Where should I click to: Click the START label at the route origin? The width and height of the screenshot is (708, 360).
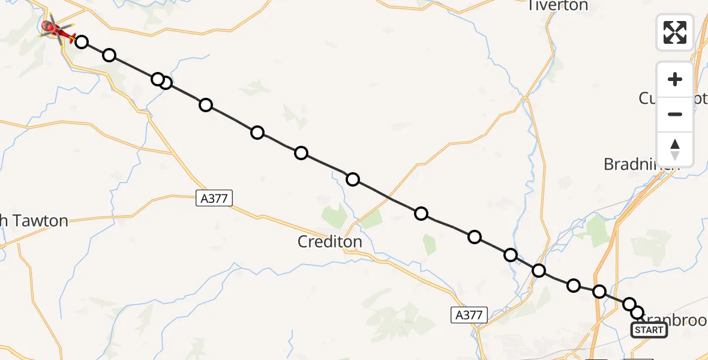pos(649,330)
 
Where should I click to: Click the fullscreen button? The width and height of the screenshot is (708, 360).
pos(675,32)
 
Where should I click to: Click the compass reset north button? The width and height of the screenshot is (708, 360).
pos(675,149)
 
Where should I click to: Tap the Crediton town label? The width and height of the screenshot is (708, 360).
pos(330,242)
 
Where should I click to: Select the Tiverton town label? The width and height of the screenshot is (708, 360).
pos(557,6)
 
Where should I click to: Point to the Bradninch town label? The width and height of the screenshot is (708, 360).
pos(639,164)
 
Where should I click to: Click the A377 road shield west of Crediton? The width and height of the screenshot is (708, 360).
pos(214,198)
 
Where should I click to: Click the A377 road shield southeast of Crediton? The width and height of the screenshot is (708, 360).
pos(469,314)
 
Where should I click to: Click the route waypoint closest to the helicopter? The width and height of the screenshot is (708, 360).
pos(82,42)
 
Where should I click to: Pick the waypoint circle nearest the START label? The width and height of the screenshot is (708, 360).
pos(637,313)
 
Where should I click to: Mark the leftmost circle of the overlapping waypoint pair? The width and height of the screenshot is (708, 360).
pos(157,79)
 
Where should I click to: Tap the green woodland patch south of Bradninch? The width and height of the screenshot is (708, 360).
pos(598,230)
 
